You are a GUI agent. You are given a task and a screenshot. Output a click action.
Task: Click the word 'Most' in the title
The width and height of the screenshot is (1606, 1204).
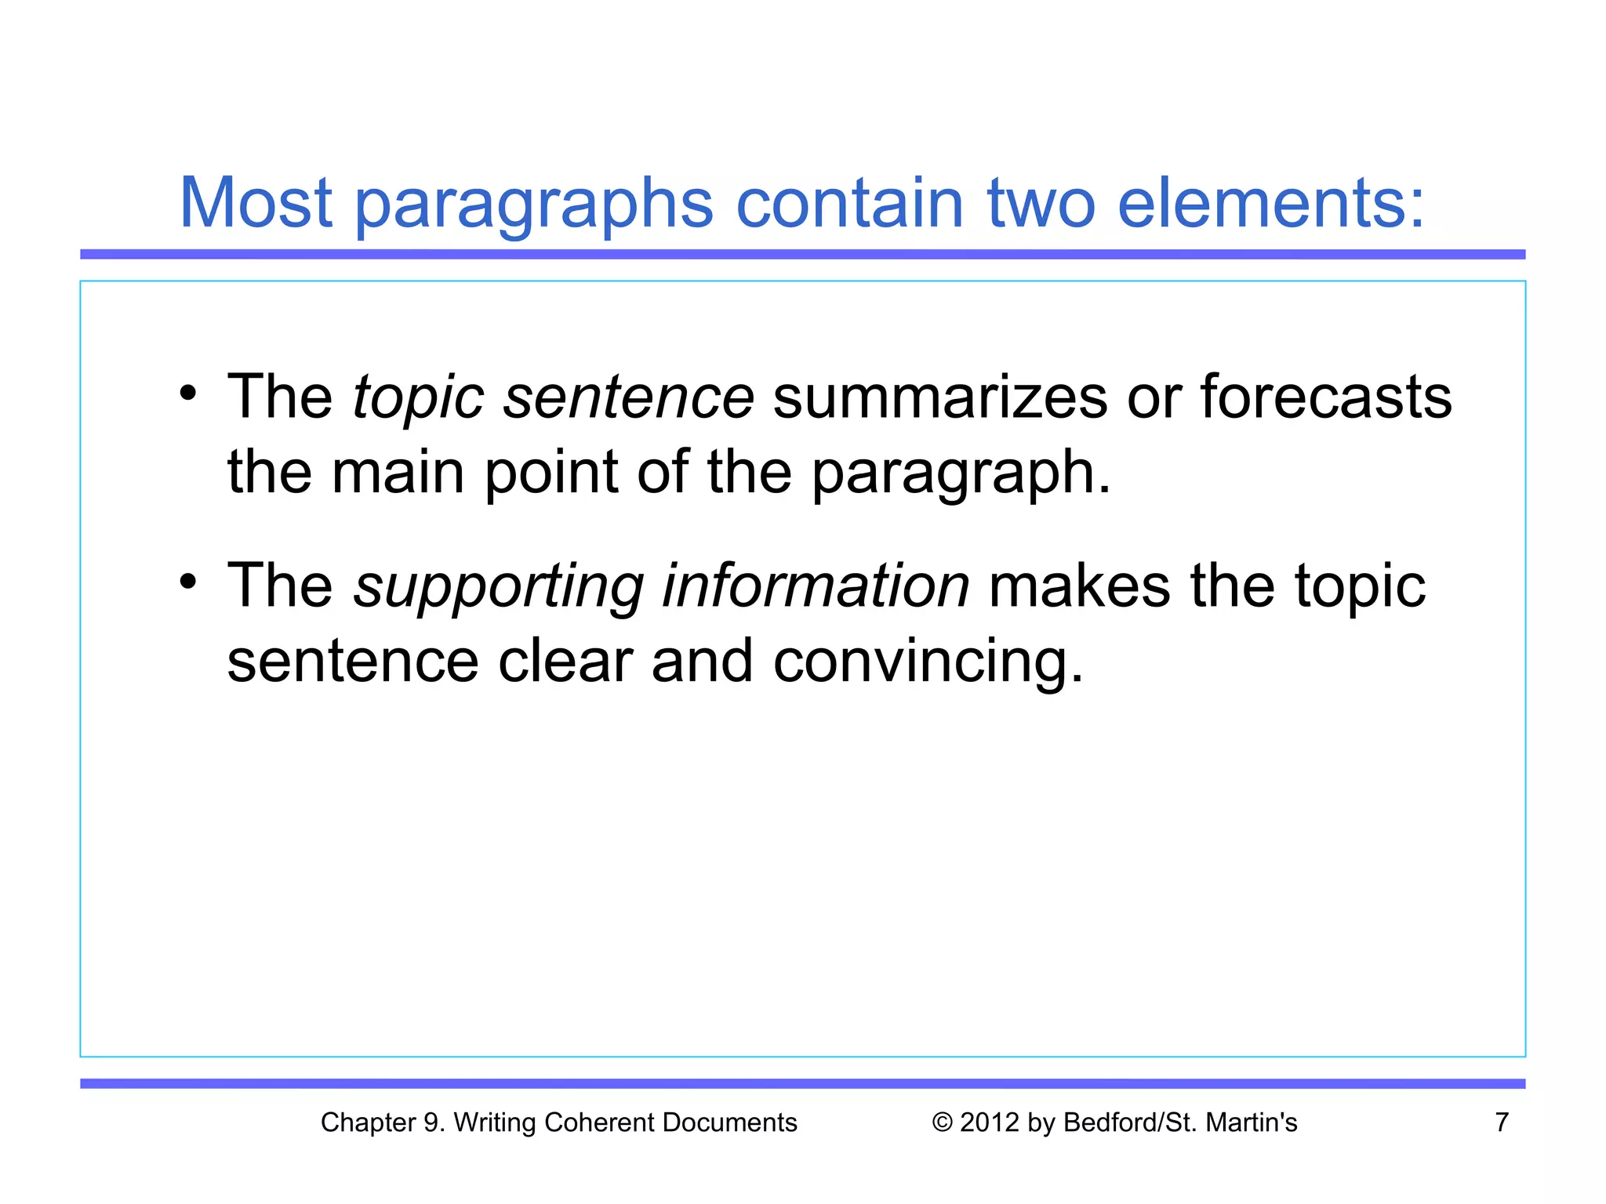point(256,203)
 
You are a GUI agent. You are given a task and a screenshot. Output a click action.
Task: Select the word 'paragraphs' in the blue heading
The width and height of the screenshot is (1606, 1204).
point(533,205)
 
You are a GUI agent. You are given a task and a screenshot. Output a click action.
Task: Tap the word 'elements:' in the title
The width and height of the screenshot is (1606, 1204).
point(1270,203)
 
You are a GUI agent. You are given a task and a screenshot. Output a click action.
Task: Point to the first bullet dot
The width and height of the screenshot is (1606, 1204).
point(187,392)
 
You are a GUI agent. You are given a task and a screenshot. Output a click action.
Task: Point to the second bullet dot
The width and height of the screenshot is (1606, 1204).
point(187,581)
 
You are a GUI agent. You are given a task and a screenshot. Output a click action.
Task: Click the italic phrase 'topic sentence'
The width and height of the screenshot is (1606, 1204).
point(553,397)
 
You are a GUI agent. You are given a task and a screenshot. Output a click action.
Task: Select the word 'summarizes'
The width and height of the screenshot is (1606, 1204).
point(939,397)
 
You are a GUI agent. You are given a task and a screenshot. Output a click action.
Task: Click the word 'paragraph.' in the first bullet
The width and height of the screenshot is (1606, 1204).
point(961,474)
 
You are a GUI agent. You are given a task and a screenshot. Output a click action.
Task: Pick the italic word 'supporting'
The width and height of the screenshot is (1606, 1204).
point(498,586)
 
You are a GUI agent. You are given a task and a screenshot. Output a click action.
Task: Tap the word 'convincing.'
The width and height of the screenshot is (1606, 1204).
point(928,661)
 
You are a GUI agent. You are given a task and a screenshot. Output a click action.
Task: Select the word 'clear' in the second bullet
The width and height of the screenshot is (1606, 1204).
point(565,661)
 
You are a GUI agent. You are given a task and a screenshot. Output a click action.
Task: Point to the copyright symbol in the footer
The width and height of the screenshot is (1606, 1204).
point(942,1122)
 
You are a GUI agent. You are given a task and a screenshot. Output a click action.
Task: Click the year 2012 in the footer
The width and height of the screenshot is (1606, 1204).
point(990,1122)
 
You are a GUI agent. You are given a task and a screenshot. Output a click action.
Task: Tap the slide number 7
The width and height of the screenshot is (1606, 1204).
point(1502,1122)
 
